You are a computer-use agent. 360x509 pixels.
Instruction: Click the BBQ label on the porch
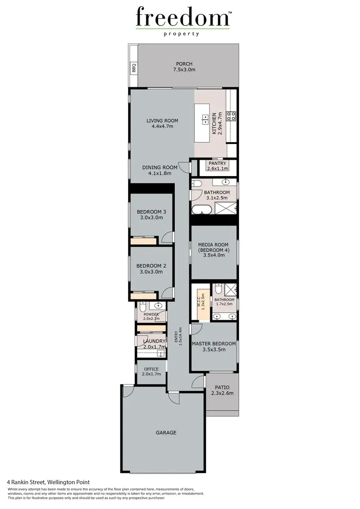(x=134, y=68)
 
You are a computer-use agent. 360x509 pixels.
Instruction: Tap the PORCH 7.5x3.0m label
(x=184, y=67)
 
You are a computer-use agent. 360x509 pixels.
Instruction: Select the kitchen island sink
(x=205, y=119)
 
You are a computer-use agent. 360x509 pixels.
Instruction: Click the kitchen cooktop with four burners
(x=231, y=115)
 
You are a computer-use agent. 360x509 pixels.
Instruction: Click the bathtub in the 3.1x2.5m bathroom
(x=202, y=210)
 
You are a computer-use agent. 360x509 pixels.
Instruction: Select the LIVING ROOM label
(x=162, y=123)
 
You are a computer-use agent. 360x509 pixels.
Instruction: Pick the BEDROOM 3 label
(x=151, y=214)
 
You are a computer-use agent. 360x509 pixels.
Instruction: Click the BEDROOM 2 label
(x=151, y=269)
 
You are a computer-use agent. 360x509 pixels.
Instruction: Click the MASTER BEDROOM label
(x=214, y=346)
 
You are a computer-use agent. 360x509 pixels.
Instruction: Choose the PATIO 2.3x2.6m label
(x=222, y=390)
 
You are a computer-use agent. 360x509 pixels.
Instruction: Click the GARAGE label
(x=166, y=432)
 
